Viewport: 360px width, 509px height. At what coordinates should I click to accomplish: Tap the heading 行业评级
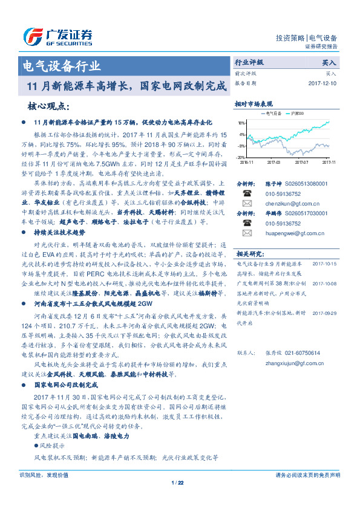249,62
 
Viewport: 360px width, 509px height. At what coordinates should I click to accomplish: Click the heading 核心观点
47,106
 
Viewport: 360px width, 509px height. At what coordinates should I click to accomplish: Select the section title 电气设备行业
61,66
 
